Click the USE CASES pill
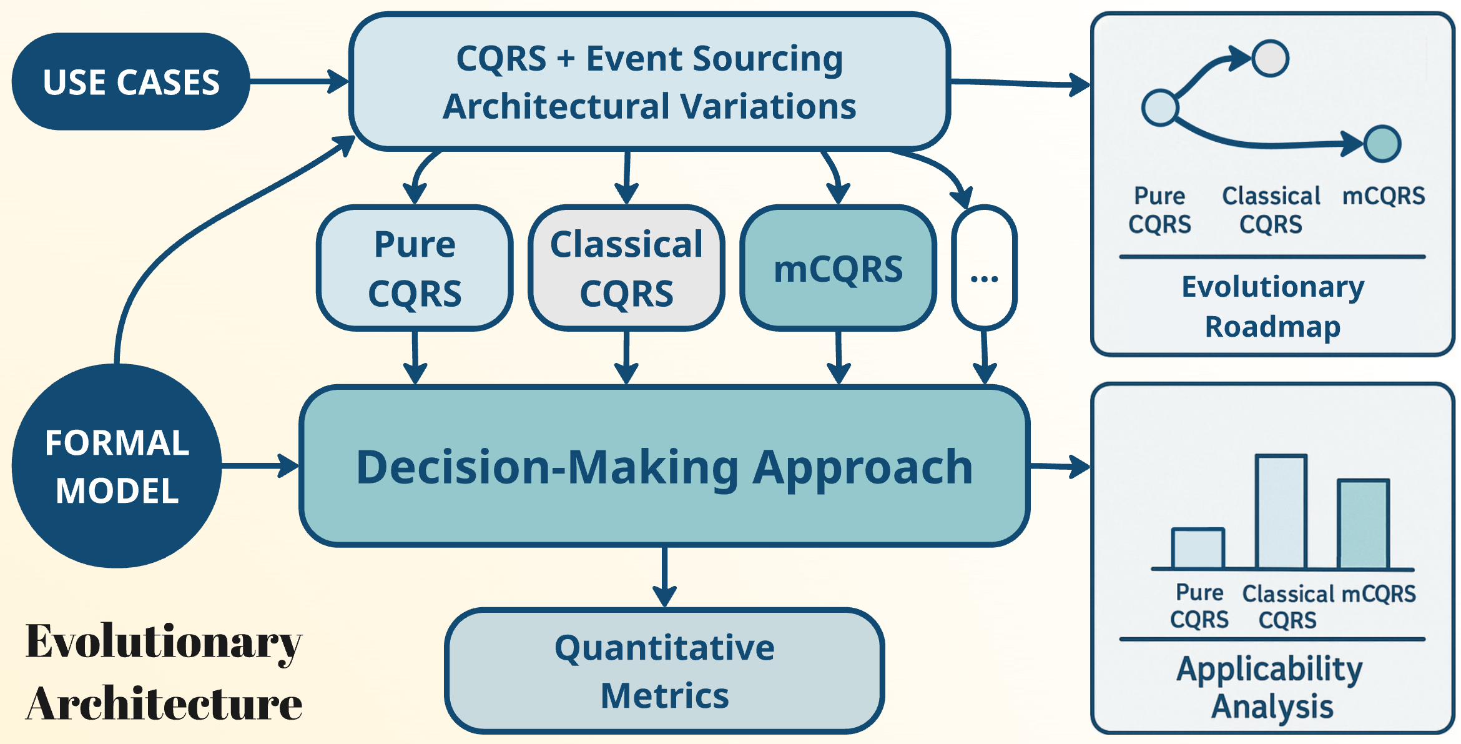[x=130, y=82]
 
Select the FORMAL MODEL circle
[x=117, y=466]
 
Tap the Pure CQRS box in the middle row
[x=415, y=268]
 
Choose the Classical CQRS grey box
[x=626, y=268]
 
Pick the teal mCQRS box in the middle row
[x=838, y=268]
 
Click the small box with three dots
[x=985, y=268]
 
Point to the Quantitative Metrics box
[x=664, y=671]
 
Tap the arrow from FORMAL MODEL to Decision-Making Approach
[x=259, y=466]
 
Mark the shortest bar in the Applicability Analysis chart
[x=1198, y=549]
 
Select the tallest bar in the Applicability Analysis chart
[x=1281, y=512]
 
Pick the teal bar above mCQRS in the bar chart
[x=1364, y=525]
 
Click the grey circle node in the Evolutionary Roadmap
[x=1270, y=59]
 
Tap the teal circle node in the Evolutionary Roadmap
[x=1382, y=144]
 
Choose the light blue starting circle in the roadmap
[x=1160, y=107]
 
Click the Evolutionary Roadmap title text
[x=1272, y=306]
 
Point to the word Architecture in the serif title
[x=164, y=704]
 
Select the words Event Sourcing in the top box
[x=714, y=59]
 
